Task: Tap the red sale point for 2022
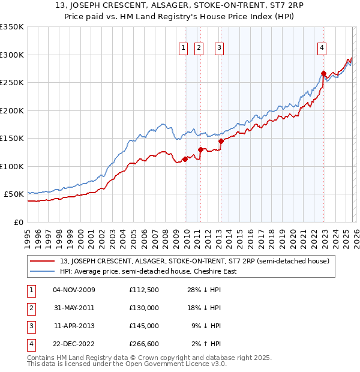point(323,74)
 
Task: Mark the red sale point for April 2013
point(221,142)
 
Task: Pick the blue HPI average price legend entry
point(148,271)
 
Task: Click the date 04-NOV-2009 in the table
point(74,290)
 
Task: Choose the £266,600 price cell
point(144,344)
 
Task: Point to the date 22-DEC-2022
point(74,344)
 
